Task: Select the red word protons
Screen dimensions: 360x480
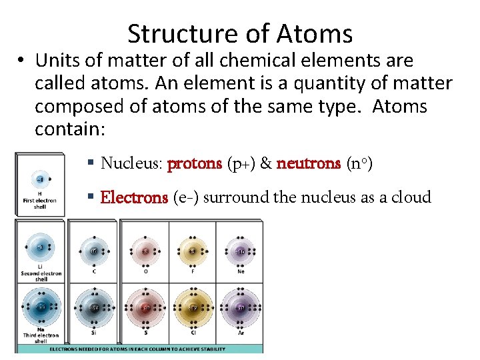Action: click(x=194, y=163)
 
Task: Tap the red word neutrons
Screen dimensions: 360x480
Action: click(x=308, y=163)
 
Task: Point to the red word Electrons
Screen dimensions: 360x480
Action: click(x=133, y=197)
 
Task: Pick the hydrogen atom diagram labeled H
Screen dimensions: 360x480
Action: click(x=41, y=179)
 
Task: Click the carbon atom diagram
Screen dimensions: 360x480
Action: click(x=93, y=251)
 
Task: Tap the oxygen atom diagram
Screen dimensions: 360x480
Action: click(x=145, y=251)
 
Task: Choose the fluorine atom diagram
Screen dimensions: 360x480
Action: click(x=193, y=251)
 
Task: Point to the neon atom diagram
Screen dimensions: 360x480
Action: click(x=241, y=251)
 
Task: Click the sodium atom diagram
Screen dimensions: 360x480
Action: click(x=41, y=308)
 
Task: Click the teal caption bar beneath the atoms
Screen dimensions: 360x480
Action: click(x=140, y=349)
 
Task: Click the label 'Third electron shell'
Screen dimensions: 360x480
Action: click(x=41, y=338)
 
